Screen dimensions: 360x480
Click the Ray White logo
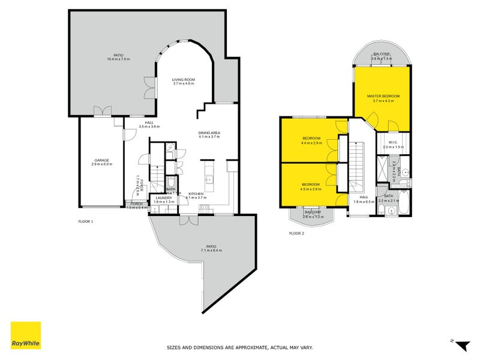tap(26, 335)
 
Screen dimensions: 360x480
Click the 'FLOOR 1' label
tap(86, 221)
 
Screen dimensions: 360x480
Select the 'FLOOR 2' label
tap(296, 233)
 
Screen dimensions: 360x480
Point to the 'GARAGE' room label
tap(101, 160)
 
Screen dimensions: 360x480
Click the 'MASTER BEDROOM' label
tap(383, 96)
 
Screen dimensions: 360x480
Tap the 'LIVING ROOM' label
tap(184, 79)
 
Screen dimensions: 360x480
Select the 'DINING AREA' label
tap(210, 133)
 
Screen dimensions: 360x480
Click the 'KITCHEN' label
tap(196, 193)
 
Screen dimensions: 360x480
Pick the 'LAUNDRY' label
tap(164, 197)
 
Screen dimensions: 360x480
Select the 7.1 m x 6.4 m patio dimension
tap(211, 250)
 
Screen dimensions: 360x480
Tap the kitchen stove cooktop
tap(204, 208)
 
